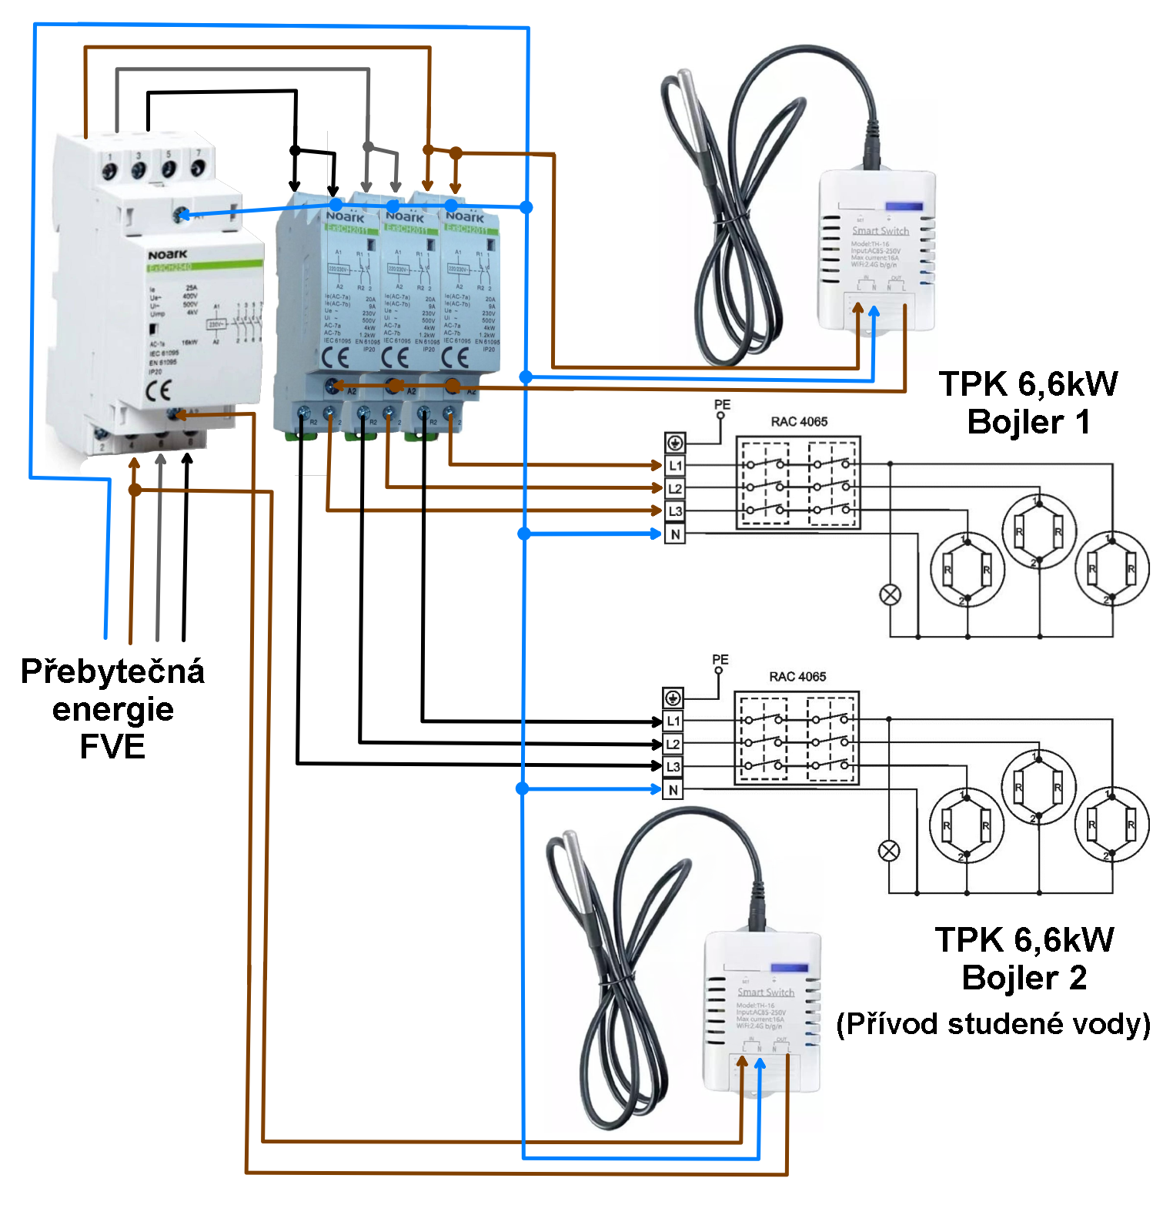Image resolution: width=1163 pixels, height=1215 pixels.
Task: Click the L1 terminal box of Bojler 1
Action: point(675,466)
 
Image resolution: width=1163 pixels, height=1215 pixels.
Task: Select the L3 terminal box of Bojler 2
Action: point(673,767)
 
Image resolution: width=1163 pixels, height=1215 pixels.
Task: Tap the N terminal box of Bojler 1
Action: point(675,534)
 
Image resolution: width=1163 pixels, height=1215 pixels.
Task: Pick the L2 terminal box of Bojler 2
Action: point(673,745)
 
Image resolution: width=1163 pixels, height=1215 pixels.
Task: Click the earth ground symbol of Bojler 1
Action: point(675,443)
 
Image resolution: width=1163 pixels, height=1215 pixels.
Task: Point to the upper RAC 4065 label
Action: point(799,422)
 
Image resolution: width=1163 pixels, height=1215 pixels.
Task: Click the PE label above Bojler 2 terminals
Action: point(720,660)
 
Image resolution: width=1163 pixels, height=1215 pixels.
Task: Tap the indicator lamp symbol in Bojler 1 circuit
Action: point(891,594)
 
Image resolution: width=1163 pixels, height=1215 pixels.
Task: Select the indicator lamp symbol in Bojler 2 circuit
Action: point(889,851)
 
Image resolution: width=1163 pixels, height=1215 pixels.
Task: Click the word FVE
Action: point(112,747)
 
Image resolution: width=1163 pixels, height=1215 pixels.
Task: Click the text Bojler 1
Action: point(1028,422)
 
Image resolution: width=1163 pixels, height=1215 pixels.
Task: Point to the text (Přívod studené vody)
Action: point(993,1024)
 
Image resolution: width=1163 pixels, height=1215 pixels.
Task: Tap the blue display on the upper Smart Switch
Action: point(904,206)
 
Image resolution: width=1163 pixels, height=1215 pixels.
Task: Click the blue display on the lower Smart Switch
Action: point(790,968)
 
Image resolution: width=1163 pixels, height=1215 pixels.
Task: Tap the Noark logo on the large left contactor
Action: point(167,254)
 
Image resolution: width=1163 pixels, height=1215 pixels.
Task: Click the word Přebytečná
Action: point(112,671)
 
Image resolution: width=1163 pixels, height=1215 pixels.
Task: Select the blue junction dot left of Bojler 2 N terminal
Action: point(523,788)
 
